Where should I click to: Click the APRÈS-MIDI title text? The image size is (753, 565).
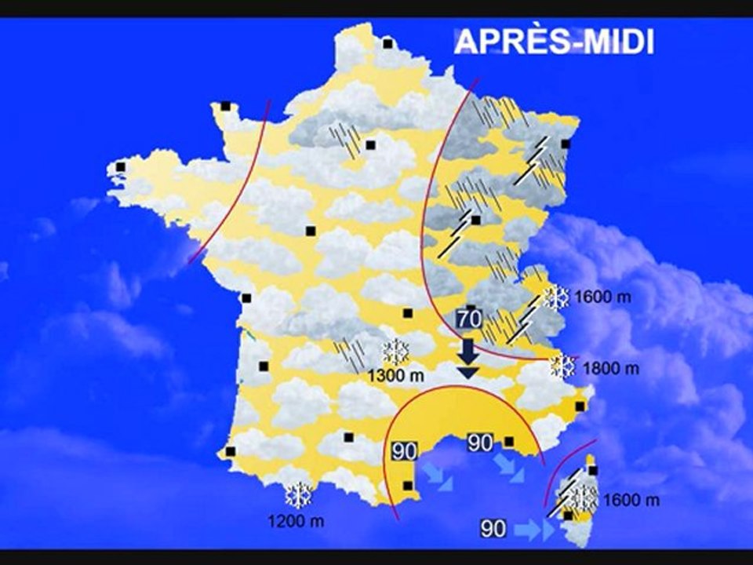pos(554,42)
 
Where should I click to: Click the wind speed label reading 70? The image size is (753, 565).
pos(468,319)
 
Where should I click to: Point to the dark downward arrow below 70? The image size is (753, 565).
pos(468,358)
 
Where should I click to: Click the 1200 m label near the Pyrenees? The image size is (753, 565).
pos(296,519)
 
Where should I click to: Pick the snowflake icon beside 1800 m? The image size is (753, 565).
pos(563,365)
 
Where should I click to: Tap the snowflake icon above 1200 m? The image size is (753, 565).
pos(298,495)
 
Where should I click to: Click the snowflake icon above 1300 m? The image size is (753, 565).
pos(395,351)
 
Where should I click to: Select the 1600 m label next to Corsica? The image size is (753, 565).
pos(631,500)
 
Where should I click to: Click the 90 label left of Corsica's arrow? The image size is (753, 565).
pos(493,530)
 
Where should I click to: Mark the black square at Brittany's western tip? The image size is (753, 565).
pos(121,167)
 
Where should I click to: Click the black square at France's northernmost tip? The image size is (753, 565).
pos(387,44)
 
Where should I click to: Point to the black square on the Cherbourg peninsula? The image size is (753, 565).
pos(226,106)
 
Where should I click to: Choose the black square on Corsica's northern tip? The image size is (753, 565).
pos(593,471)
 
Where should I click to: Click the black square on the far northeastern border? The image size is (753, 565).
pos(566,144)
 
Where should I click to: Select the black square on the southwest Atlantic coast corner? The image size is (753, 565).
pos(231,451)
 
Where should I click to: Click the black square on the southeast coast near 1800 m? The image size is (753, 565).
pos(580,406)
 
